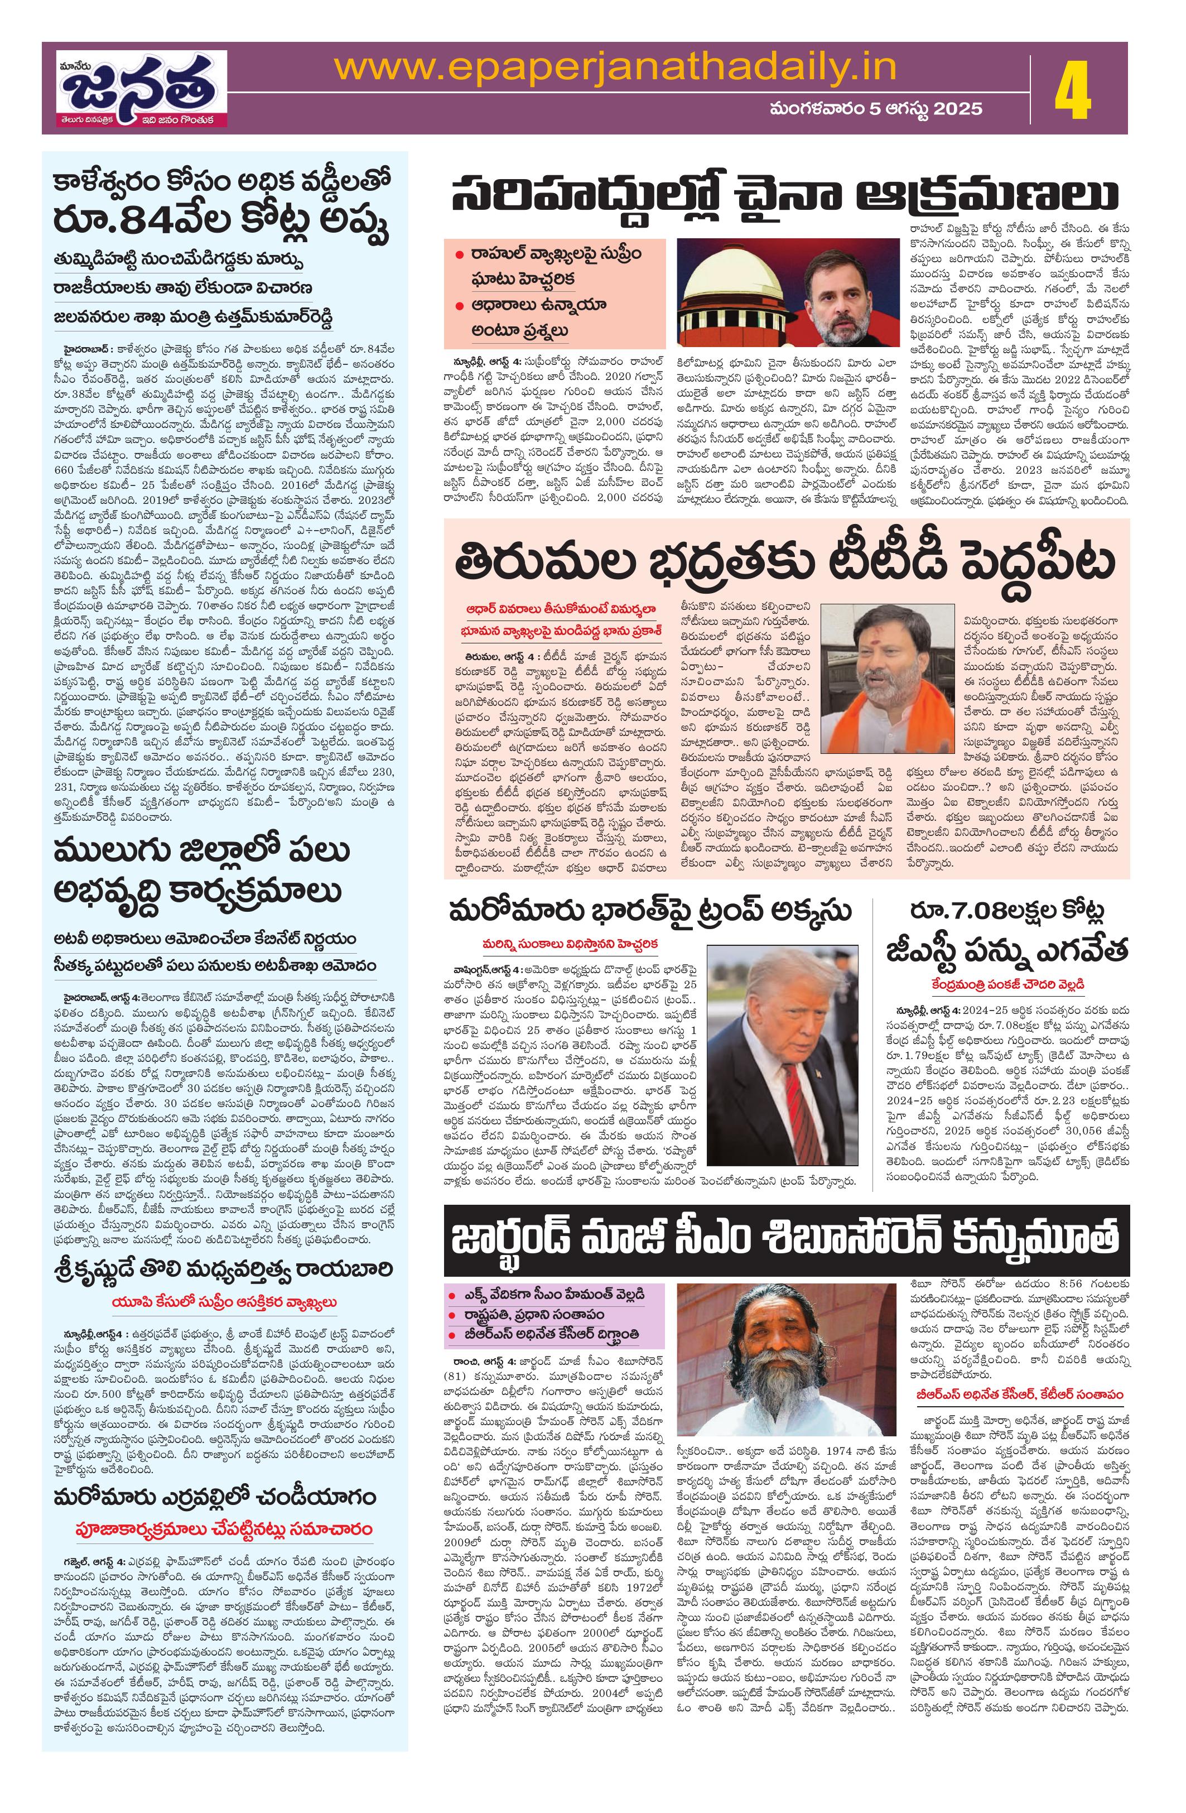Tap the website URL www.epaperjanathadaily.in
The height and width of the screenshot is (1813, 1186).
[615, 67]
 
